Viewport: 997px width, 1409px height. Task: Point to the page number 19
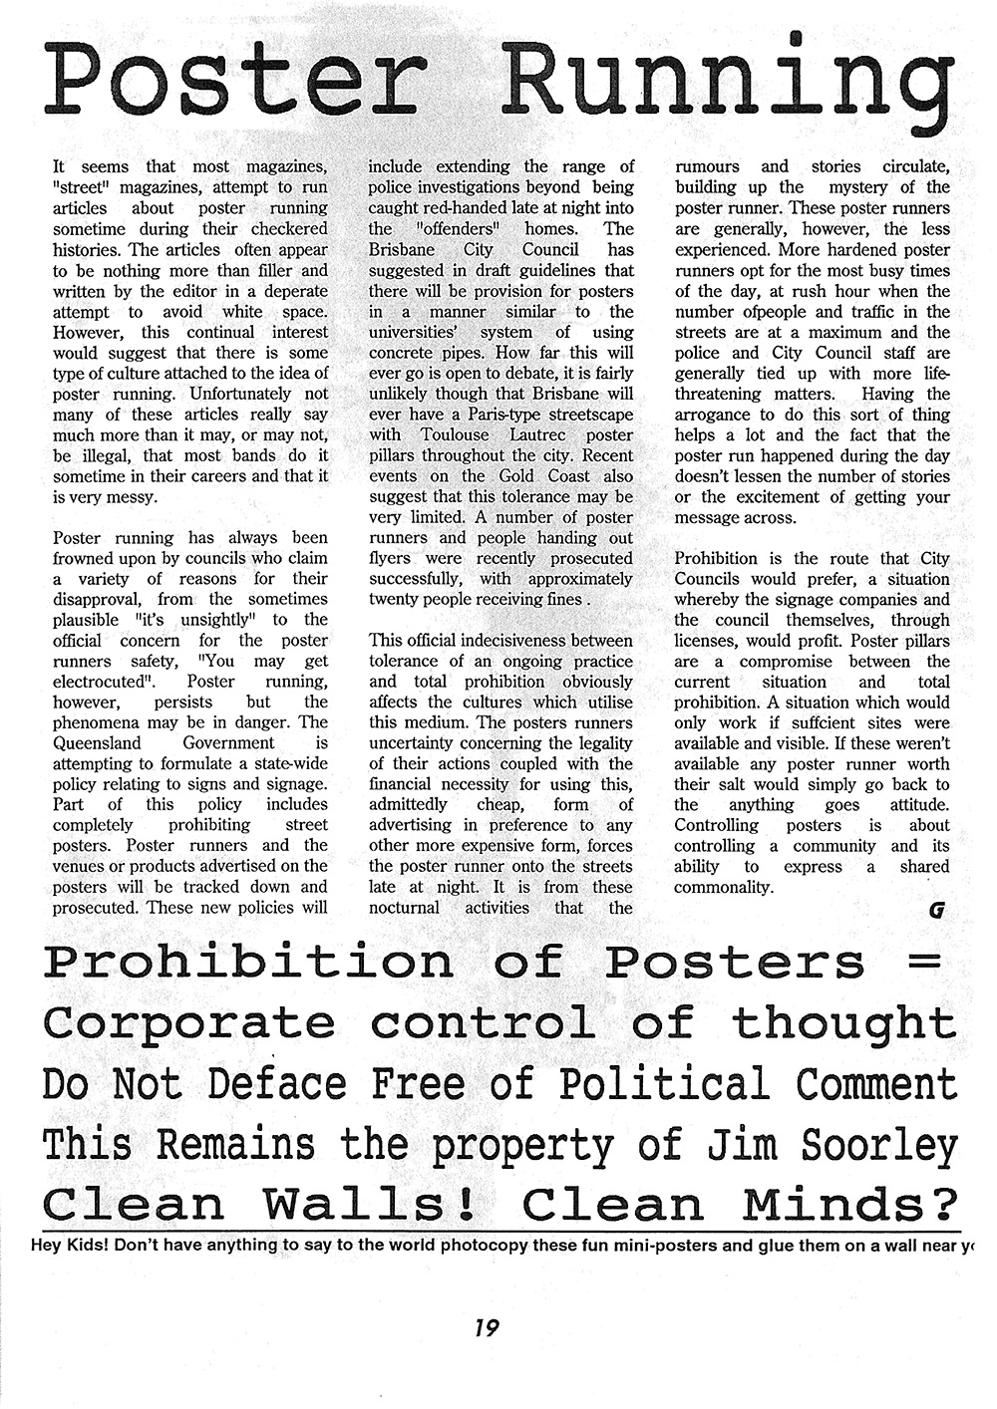click(x=488, y=1327)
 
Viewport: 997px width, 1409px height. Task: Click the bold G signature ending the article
click(x=935, y=910)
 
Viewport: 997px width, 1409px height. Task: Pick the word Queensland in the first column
click(x=97, y=742)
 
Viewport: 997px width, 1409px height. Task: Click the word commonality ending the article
click(x=724, y=887)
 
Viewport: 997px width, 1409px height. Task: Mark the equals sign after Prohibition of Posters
click(x=925, y=963)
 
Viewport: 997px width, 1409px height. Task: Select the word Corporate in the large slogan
click(x=189, y=1022)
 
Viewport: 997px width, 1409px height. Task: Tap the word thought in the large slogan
click(x=843, y=1022)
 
